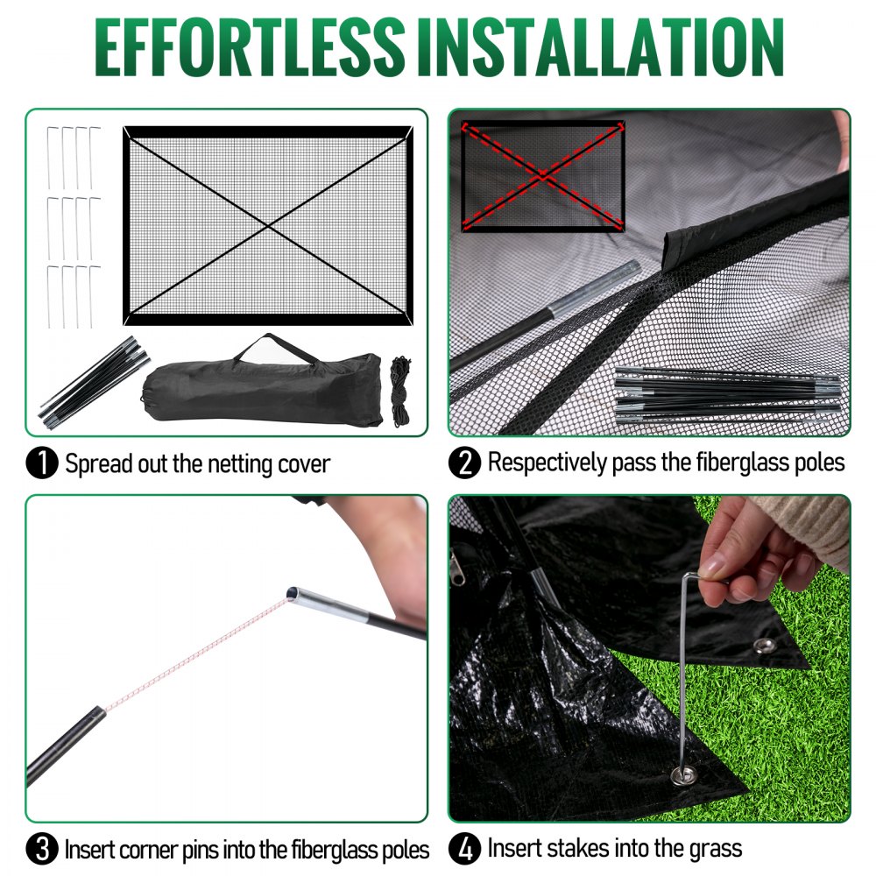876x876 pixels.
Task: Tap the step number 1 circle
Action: pos(43,463)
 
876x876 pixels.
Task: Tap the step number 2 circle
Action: pos(464,463)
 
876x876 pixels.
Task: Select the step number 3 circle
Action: pos(43,848)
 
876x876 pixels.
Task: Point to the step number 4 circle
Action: pos(464,848)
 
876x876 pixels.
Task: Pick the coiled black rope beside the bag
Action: pos(401,390)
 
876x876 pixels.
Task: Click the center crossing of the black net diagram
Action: pos(268,226)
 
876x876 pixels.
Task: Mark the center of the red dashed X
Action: pos(543,175)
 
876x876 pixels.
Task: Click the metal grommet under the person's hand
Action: pos(760,646)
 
